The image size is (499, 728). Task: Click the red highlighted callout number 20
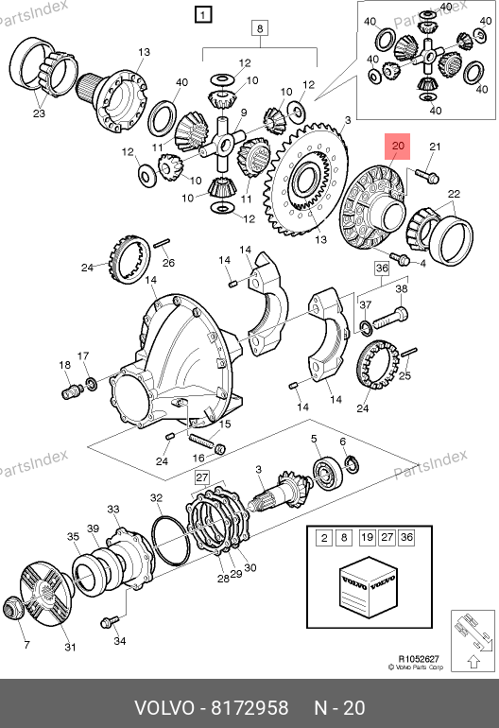tap(397, 147)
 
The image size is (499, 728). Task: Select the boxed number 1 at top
tap(203, 14)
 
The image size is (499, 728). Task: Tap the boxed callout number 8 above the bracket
tap(260, 28)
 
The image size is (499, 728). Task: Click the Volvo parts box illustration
tap(369, 586)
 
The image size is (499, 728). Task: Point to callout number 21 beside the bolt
tap(435, 147)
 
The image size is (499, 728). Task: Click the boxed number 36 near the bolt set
tap(382, 268)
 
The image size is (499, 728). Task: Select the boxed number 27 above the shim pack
tap(202, 477)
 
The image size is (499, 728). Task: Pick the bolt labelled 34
tap(110, 621)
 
